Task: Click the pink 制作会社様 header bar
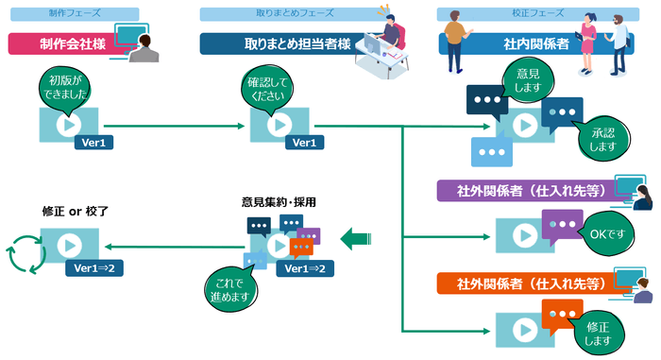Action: (x=66, y=44)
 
